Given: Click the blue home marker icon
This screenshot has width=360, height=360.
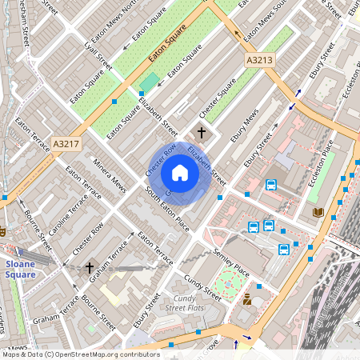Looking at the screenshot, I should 180,173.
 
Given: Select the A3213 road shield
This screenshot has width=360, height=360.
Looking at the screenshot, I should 258,60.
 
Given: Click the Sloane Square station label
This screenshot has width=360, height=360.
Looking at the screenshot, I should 18,268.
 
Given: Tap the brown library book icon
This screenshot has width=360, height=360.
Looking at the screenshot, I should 318,212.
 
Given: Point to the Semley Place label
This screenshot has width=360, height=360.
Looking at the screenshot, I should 231,263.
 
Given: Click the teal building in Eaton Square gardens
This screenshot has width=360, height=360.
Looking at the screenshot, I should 150,82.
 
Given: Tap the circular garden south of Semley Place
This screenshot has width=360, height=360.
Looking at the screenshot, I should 230,282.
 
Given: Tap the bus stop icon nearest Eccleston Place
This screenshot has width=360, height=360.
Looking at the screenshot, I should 271,186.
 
